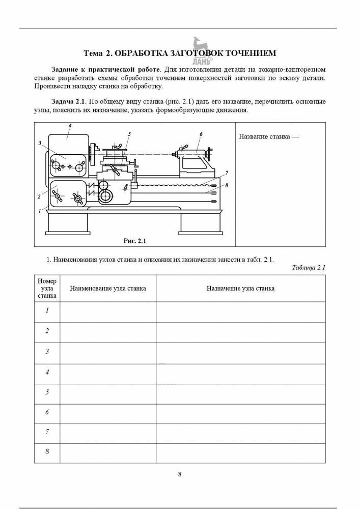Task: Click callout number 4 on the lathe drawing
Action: point(70,125)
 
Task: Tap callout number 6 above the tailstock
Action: point(201,134)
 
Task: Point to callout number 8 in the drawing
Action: point(226,185)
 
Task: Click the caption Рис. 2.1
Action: point(135,240)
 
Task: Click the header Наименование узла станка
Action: point(108,289)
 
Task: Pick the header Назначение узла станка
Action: point(240,289)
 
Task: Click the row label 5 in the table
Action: point(47,392)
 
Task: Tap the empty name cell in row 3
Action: point(108,352)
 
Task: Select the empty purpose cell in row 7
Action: point(240,433)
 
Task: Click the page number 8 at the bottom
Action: point(180,474)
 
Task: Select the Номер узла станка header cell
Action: point(47,288)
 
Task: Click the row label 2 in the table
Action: point(47,331)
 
